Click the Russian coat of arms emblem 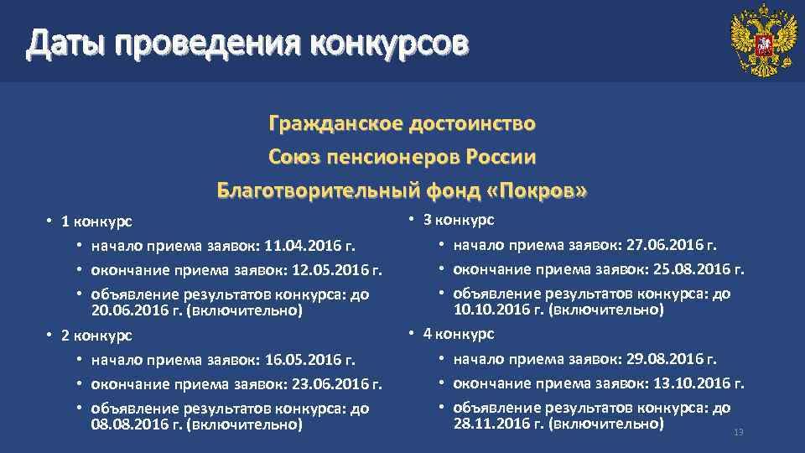[x=763, y=40]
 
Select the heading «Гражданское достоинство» [x=402, y=124]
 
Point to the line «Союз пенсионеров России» [x=402, y=157]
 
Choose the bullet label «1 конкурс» [x=96, y=221]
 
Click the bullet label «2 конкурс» [x=96, y=336]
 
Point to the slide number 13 [x=739, y=432]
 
